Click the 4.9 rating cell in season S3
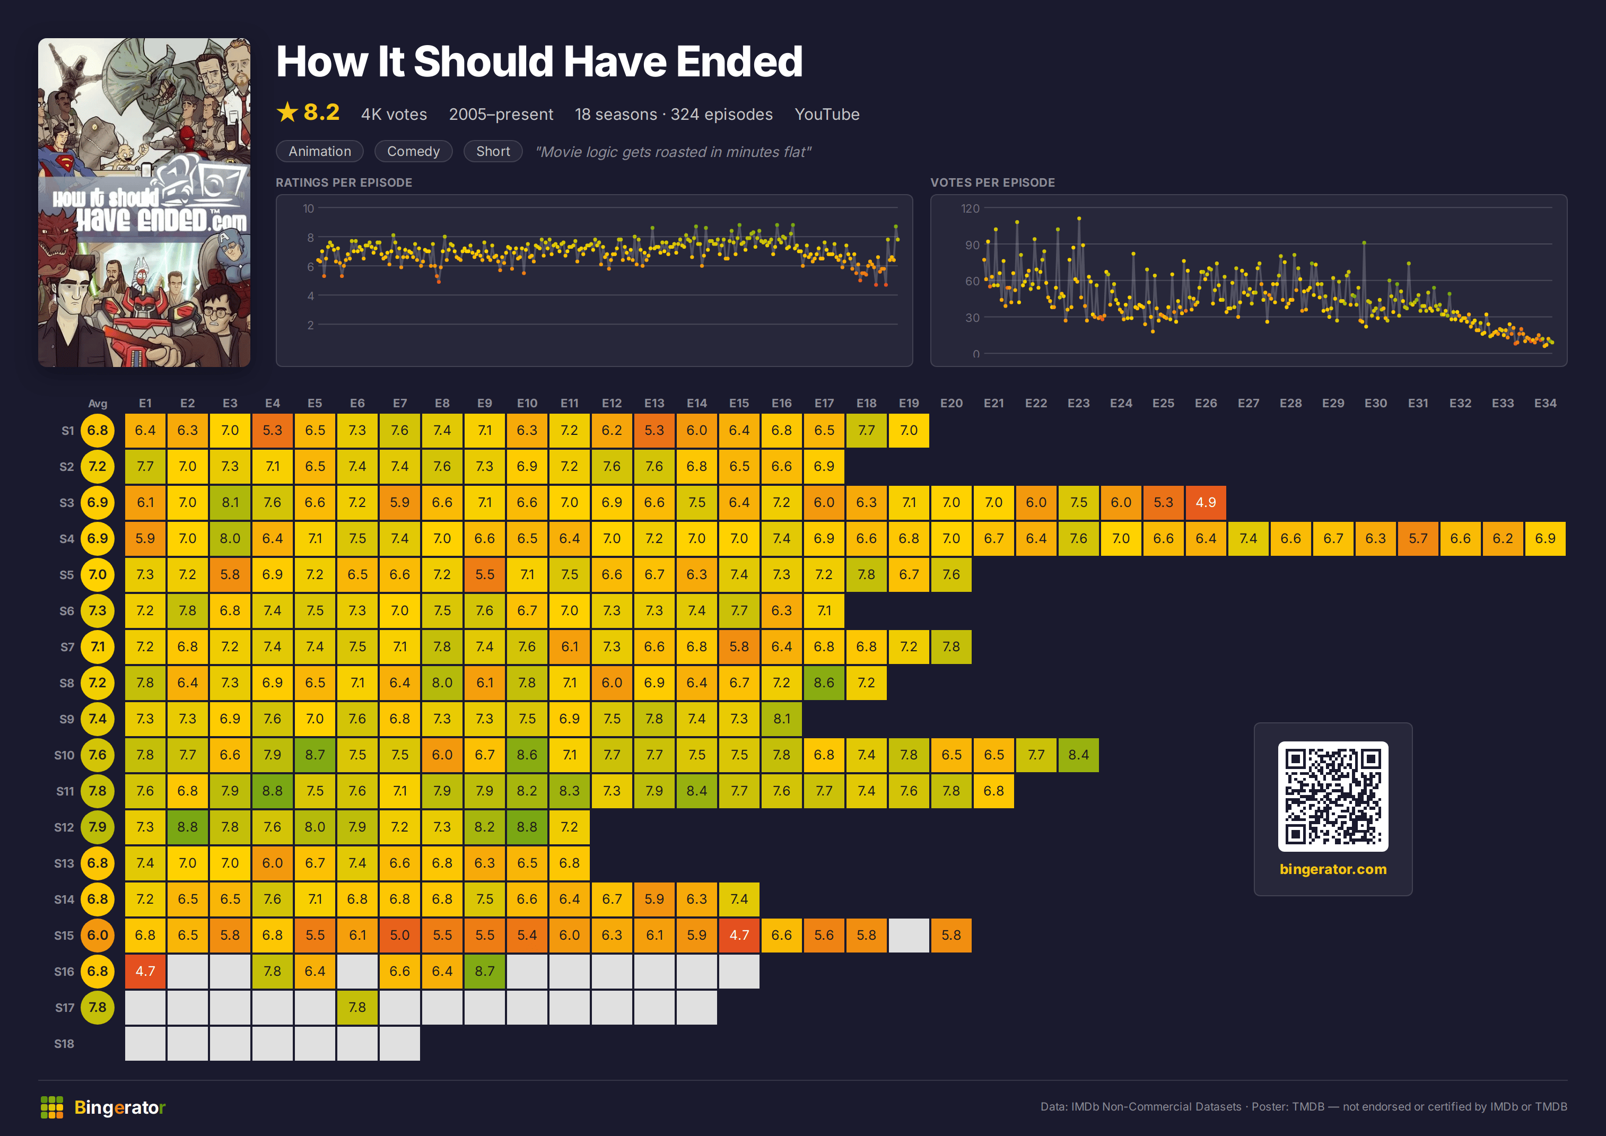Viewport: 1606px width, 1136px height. [x=1205, y=502]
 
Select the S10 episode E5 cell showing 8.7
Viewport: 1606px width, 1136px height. [x=315, y=755]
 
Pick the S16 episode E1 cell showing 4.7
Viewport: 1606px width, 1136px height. [x=145, y=971]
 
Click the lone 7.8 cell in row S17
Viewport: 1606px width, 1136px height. [x=357, y=1007]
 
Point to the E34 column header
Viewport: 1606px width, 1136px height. [x=1545, y=403]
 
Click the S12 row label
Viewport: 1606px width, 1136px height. [x=64, y=827]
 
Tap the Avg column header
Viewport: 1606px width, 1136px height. [x=98, y=403]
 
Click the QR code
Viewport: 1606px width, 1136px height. [x=1332, y=796]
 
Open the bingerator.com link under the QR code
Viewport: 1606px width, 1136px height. [x=1332, y=869]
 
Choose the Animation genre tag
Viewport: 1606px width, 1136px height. [x=320, y=151]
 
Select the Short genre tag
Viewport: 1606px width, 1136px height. [x=493, y=151]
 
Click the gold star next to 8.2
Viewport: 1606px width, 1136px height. [x=287, y=112]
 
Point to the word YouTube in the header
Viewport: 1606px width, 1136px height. [x=827, y=114]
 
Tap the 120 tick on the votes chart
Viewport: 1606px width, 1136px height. [x=970, y=208]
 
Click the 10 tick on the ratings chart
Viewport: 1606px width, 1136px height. [x=309, y=208]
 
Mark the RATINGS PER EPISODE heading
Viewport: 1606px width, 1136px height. [x=344, y=182]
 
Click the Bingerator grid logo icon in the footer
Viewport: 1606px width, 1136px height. [x=52, y=1107]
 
